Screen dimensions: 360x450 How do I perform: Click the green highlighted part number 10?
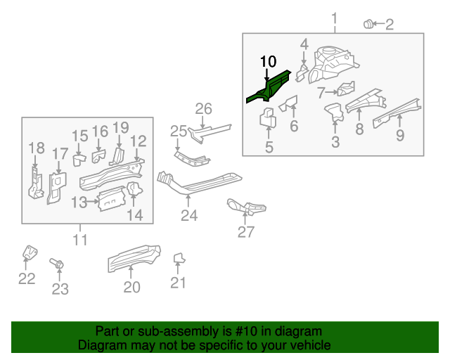pyautogui.click(x=269, y=86)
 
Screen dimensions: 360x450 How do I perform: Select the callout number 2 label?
pyautogui.click(x=389, y=25)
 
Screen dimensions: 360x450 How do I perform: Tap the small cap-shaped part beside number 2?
pyautogui.click(x=367, y=25)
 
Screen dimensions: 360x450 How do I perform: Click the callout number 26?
pyautogui.click(x=203, y=108)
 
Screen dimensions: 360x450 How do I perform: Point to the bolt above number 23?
pyautogui.click(x=58, y=264)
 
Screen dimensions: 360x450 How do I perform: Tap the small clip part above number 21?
pyautogui.click(x=179, y=259)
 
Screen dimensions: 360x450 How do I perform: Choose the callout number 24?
pyautogui.click(x=189, y=215)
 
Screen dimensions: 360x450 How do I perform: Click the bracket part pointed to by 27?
pyautogui.click(x=245, y=207)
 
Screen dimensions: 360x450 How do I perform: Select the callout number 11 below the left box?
pyautogui.click(x=80, y=240)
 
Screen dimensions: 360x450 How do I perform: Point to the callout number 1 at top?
pyautogui.click(x=335, y=18)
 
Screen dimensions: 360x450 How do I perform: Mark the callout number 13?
pyautogui.click(x=79, y=202)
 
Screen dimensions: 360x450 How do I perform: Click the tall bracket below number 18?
pyautogui.click(x=34, y=181)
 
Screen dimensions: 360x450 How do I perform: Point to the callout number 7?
pyautogui.click(x=321, y=92)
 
